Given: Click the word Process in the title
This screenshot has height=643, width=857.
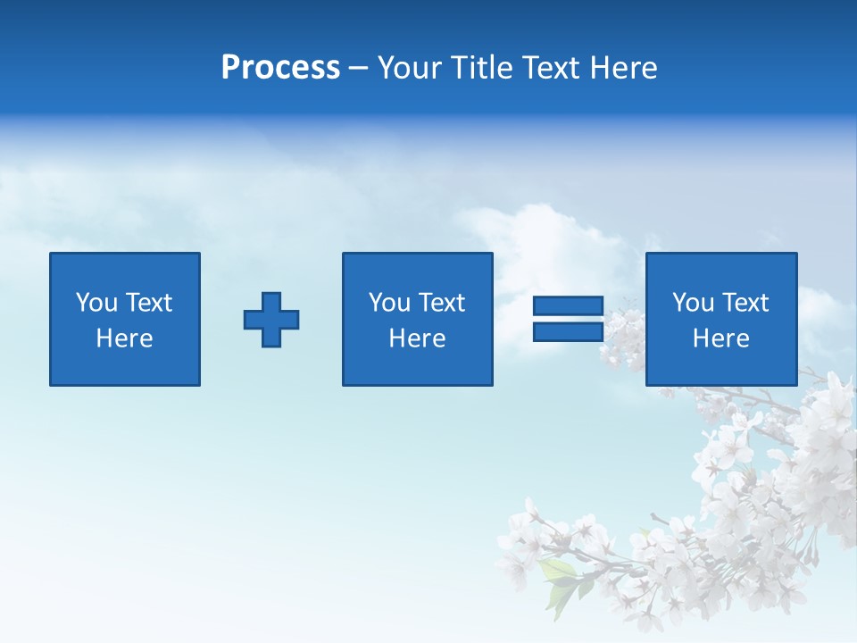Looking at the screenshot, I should [x=280, y=68].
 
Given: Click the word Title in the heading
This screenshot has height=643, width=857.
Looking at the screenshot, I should [x=482, y=68].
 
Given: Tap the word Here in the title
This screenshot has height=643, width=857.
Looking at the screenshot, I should [x=623, y=68].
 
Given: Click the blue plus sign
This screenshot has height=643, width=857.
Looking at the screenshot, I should [x=271, y=320].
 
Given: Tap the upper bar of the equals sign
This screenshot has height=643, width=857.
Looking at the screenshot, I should [x=568, y=305].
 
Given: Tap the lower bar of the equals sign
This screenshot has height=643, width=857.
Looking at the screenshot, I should [x=568, y=331].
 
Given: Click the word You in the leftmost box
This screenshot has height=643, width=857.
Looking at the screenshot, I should [x=96, y=303].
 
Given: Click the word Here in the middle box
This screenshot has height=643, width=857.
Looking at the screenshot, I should [x=417, y=338].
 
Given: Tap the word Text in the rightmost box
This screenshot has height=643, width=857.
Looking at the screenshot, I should [x=745, y=303].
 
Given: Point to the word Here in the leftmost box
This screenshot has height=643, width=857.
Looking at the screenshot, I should [x=124, y=338].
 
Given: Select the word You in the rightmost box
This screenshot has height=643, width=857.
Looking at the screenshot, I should [x=693, y=303].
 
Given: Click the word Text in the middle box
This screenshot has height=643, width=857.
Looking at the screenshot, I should [x=441, y=303].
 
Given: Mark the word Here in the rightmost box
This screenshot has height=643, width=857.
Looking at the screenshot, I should [x=720, y=338].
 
